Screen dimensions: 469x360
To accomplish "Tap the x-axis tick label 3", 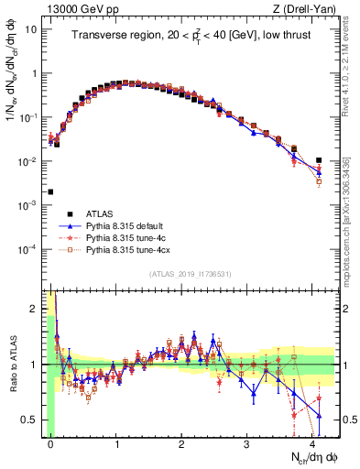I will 247,442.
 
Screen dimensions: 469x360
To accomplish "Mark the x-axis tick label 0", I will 51,442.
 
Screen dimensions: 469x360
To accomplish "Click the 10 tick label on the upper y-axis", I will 31,29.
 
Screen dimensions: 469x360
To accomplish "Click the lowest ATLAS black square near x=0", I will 51,192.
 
